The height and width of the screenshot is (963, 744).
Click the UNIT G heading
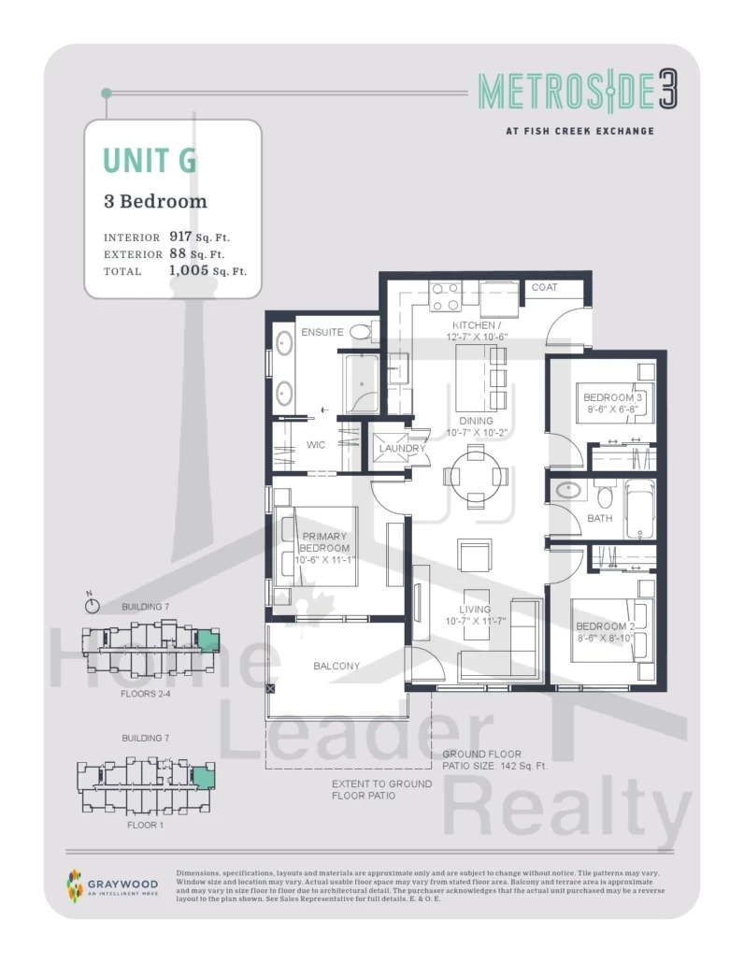click(x=150, y=160)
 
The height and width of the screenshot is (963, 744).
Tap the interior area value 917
click(x=180, y=237)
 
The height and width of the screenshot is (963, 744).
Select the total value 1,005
click(x=189, y=270)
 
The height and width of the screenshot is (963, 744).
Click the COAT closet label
click(x=545, y=287)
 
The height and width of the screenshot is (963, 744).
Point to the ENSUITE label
click(x=322, y=332)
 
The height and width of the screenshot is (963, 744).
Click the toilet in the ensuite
click(x=361, y=332)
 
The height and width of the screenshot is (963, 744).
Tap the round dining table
click(x=476, y=477)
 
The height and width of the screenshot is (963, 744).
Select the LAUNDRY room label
click(x=402, y=449)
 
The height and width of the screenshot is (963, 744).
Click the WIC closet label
click(x=316, y=445)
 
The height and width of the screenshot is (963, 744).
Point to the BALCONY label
click(x=336, y=666)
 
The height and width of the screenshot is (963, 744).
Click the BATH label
click(x=600, y=518)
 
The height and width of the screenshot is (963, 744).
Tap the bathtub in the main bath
click(x=639, y=510)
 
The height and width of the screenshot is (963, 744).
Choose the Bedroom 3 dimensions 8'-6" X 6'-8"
click(x=612, y=409)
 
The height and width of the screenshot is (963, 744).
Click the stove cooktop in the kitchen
click(x=446, y=296)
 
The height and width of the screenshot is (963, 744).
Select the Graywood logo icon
click(x=74, y=886)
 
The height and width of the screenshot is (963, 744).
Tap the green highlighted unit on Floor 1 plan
click(x=202, y=779)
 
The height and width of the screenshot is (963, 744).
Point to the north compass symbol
click(x=92, y=605)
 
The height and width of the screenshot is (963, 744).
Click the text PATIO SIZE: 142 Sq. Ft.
click(x=494, y=766)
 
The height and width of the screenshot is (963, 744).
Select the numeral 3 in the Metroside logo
click(x=668, y=91)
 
